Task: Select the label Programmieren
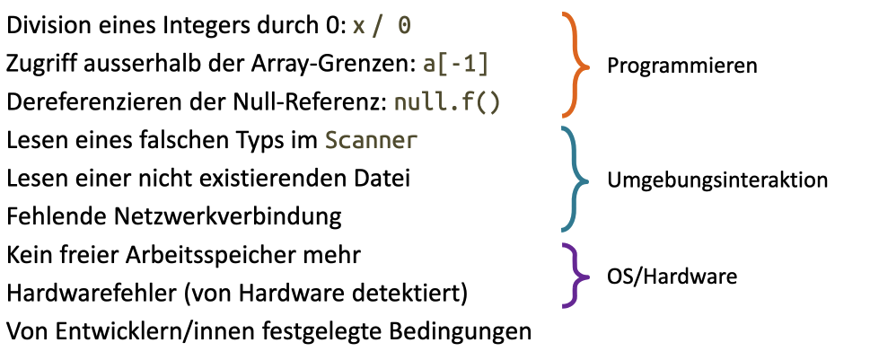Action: (x=681, y=66)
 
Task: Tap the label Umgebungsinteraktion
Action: (x=716, y=180)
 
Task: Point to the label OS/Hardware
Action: (x=672, y=276)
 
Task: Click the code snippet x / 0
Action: (x=382, y=26)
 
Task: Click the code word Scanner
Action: (x=371, y=141)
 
